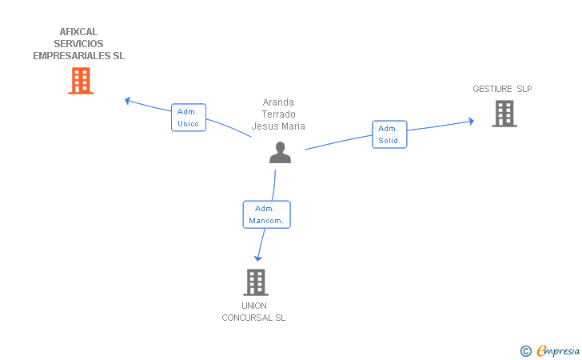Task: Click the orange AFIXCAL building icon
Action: coord(81,81)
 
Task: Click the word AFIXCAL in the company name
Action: coord(78,32)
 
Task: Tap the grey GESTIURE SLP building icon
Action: coord(504,114)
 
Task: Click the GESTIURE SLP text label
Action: coord(501,89)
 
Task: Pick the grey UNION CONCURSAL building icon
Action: coord(255,282)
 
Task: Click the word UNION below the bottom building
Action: coord(254,306)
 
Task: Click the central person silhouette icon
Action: coord(280,152)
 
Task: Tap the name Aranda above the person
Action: coord(278,102)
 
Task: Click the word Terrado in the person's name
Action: coord(278,114)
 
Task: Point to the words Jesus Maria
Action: coord(278,126)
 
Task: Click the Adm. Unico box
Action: coord(189,118)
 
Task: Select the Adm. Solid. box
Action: coord(389,134)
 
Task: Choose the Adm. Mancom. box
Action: coord(266,214)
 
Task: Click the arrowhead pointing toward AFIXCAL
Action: coord(128,100)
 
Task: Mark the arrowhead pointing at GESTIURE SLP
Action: coord(471,121)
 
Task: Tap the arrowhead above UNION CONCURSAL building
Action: coord(257,258)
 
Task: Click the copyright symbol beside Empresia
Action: coord(525,350)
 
